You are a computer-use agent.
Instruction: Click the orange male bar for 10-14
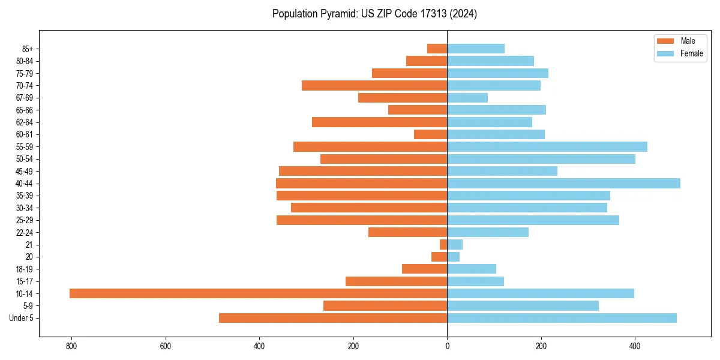click(x=258, y=293)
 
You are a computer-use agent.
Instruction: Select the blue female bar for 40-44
click(x=563, y=184)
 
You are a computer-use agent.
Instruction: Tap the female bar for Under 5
click(x=562, y=318)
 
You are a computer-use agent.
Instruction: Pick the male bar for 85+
click(x=437, y=49)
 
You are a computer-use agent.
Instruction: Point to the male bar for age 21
click(x=443, y=245)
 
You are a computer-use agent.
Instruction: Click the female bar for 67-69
click(x=467, y=98)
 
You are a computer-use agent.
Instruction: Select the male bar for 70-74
click(x=374, y=86)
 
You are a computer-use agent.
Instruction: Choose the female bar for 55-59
click(x=547, y=147)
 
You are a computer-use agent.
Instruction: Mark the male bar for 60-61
click(x=431, y=134)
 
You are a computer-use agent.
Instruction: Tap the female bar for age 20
click(x=454, y=257)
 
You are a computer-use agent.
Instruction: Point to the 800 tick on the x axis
click(x=71, y=346)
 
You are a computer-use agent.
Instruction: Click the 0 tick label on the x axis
click(x=447, y=346)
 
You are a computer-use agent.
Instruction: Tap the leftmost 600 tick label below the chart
click(x=166, y=346)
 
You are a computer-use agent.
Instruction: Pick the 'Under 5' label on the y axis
click(x=21, y=318)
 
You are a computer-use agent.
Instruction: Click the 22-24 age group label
click(x=25, y=233)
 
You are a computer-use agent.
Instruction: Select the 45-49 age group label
click(x=25, y=172)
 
